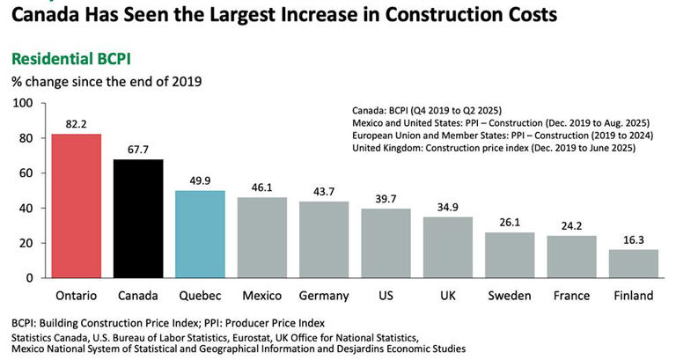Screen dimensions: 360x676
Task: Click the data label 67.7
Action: click(x=138, y=149)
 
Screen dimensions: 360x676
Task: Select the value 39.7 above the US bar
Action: click(x=385, y=198)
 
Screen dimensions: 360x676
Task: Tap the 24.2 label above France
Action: click(x=570, y=225)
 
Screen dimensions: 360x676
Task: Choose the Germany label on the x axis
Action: click(x=323, y=296)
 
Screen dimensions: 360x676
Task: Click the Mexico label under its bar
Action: click(x=261, y=296)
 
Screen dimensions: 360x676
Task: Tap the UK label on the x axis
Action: click(x=447, y=296)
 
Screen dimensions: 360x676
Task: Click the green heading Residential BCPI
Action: click(x=70, y=60)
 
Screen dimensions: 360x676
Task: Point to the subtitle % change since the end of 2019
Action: click(x=106, y=82)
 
